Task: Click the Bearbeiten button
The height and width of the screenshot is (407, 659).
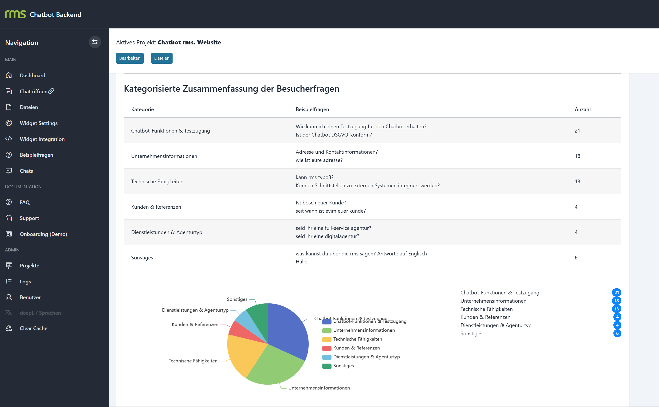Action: click(x=130, y=58)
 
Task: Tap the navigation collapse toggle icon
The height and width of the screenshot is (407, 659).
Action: click(x=95, y=42)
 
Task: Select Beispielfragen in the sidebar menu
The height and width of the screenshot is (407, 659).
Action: click(x=36, y=155)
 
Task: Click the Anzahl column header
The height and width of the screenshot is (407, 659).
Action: click(x=582, y=109)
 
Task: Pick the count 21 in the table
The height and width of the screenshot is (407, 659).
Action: click(x=577, y=131)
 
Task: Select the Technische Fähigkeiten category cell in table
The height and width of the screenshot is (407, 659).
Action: click(x=157, y=182)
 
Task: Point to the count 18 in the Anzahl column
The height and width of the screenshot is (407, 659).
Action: click(x=577, y=156)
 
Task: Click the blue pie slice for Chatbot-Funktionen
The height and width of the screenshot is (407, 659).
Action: click(x=288, y=331)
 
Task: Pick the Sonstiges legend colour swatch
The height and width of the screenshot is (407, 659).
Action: click(x=327, y=366)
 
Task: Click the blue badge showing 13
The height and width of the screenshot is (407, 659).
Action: click(x=617, y=309)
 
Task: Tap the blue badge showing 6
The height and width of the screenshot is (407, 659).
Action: click(x=617, y=333)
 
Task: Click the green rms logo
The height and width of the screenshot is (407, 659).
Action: click(x=15, y=14)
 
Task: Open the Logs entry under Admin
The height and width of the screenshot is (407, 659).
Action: click(x=25, y=282)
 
